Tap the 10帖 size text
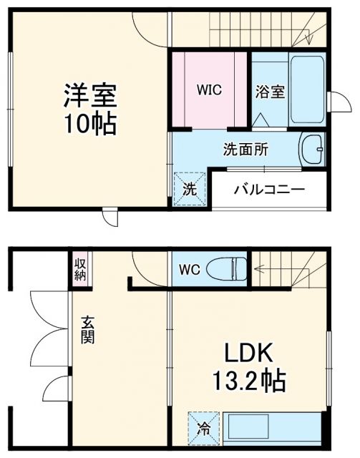pyautogui.click(x=90, y=124)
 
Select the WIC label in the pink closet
pyautogui.click(x=209, y=90)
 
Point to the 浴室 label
pyautogui.click(x=271, y=92)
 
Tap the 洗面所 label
pyautogui.click(x=245, y=150)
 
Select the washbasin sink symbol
pyautogui.click(x=311, y=150)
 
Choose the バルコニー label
pyautogui.click(x=270, y=190)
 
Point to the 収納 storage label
pyautogui.click(x=79, y=269)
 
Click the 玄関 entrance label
pyautogui.click(x=87, y=331)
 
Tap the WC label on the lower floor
pyautogui.click(x=188, y=271)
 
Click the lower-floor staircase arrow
pyautogui.click(x=272, y=270)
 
